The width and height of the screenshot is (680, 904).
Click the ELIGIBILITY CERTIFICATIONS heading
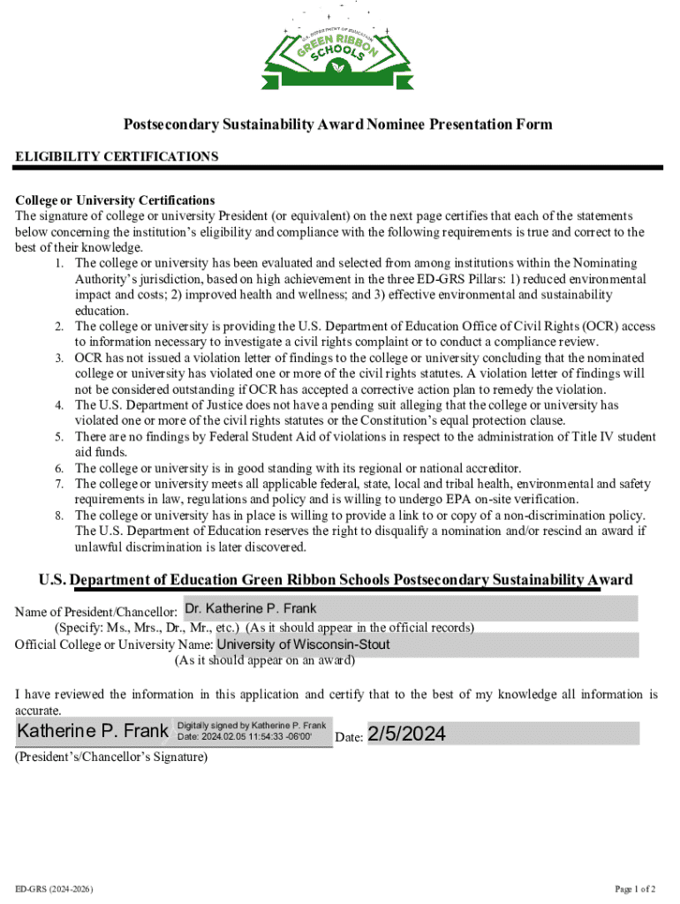(117, 156)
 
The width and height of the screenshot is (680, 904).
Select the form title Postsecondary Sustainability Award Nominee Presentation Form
(338, 124)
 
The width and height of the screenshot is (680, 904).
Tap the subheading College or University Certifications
(115, 200)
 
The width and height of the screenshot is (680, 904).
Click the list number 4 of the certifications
(58, 405)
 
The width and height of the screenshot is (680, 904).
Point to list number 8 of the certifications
(58, 516)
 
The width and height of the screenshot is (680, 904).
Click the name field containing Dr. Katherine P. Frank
(410, 608)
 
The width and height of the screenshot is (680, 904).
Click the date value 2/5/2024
(407, 734)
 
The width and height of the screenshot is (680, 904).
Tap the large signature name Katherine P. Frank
(93, 732)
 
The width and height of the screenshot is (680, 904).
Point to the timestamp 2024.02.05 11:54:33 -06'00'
(256, 737)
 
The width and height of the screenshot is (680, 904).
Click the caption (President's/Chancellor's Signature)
(111, 757)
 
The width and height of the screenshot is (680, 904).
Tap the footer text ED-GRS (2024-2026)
(55, 888)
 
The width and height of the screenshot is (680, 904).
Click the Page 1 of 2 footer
(635, 888)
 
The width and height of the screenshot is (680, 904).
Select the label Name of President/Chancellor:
(96, 612)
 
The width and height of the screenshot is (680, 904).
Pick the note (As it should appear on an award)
(265, 659)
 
